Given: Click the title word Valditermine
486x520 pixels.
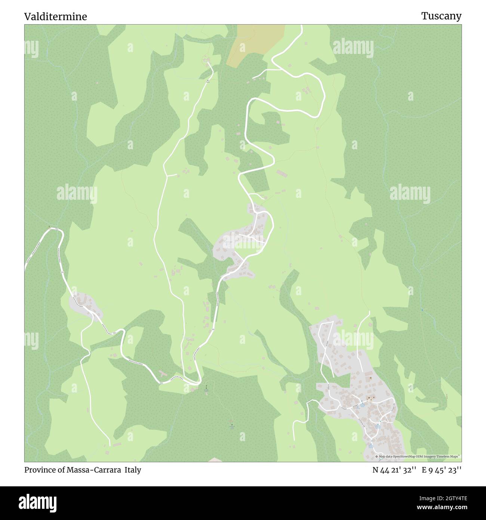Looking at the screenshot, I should coord(55,16).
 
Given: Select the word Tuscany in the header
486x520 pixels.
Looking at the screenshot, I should coord(441,16).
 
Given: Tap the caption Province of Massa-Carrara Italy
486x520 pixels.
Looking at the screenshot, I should coord(83,470).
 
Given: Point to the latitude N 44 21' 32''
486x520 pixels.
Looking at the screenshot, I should coord(394,470).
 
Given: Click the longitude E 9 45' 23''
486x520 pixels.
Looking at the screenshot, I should coord(442,470).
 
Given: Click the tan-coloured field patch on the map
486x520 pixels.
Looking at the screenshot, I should coord(254,43).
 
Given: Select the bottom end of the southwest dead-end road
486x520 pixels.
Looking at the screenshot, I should coord(110,445).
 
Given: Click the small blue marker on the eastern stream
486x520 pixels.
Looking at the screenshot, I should coord(422,310).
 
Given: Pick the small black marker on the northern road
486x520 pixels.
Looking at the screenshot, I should coord(209,80).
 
